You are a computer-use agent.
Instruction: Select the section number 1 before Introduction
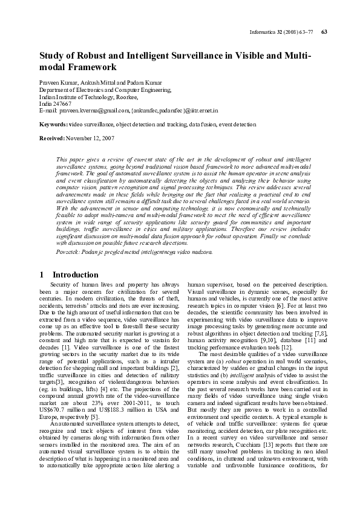(41, 274)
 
